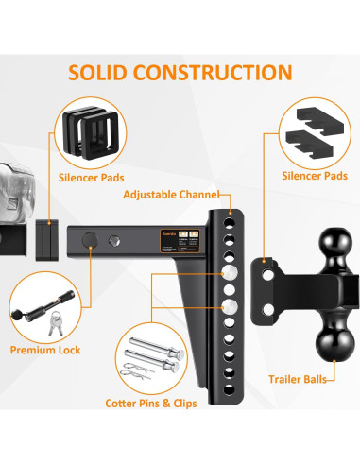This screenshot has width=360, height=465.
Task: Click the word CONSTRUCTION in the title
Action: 219,72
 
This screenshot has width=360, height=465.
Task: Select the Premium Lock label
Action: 44,350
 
